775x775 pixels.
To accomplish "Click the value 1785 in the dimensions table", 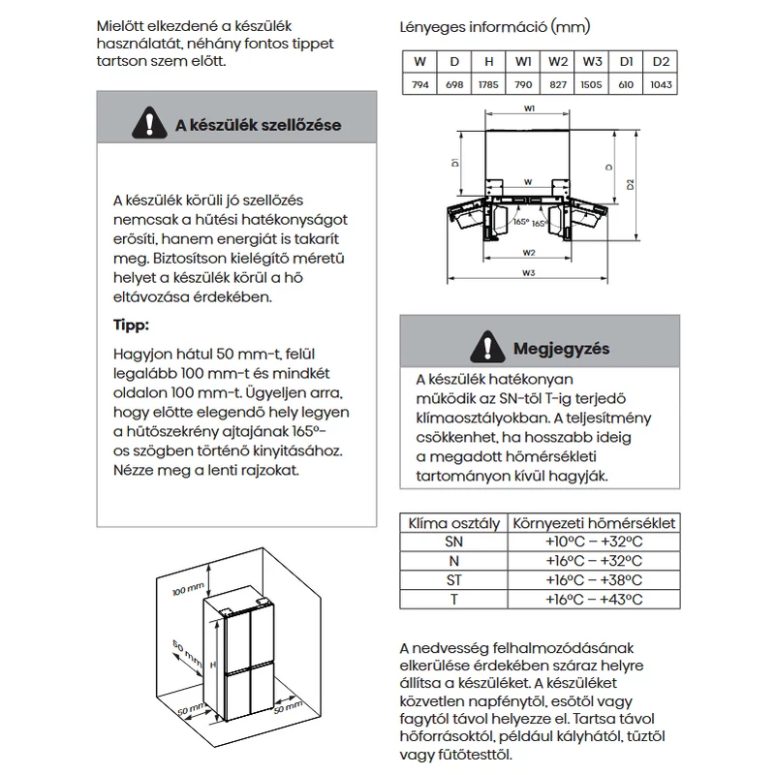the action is [x=488, y=84].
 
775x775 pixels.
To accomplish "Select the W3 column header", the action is [x=592, y=62].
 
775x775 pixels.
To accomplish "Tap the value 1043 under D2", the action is [x=661, y=84].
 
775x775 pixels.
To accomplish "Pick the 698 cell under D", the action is [x=454, y=84].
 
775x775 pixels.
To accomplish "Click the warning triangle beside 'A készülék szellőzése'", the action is [x=149, y=123].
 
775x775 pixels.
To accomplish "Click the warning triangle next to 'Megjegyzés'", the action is [x=487, y=347].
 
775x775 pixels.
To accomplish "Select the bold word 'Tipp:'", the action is [x=131, y=325].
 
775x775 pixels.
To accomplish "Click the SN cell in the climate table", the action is [x=453, y=542].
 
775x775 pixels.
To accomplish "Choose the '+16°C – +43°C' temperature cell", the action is [x=594, y=600].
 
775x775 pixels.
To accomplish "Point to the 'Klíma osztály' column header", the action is [x=453, y=523].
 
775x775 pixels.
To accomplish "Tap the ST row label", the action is [x=453, y=580].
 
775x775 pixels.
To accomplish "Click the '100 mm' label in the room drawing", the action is [x=188, y=589].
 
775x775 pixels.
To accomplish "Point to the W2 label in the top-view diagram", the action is [x=529, y=253].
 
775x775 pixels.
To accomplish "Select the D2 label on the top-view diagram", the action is [x=631, y=184].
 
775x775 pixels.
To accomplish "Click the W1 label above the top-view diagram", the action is [x=529, y=108].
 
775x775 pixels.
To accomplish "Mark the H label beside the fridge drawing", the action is [x=213, y=665].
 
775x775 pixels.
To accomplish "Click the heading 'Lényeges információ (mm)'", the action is [x=495, y=27].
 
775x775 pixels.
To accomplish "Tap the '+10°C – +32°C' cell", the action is [x=594, y=542].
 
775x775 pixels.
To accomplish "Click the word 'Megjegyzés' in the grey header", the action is [x=562, y=349].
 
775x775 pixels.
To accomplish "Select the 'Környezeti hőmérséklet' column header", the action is [x=594, y=523].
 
